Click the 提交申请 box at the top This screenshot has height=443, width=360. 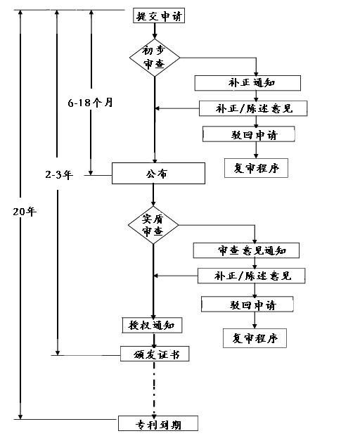point(159,15)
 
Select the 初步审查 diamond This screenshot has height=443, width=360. point(155,58)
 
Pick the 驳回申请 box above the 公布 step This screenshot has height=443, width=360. point(248,134)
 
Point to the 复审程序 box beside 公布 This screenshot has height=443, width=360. point(256,169)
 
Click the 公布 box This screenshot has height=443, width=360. point(158,174)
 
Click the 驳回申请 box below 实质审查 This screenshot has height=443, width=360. point(247,304)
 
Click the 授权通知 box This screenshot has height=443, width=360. point(152,326)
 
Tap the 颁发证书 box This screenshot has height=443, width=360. point(155,354)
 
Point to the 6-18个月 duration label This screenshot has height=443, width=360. point(91,103)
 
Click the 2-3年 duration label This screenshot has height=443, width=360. point(56,172)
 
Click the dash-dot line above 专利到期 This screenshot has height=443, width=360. point(153,389)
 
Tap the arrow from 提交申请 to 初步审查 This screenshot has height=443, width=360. point(155,30)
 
